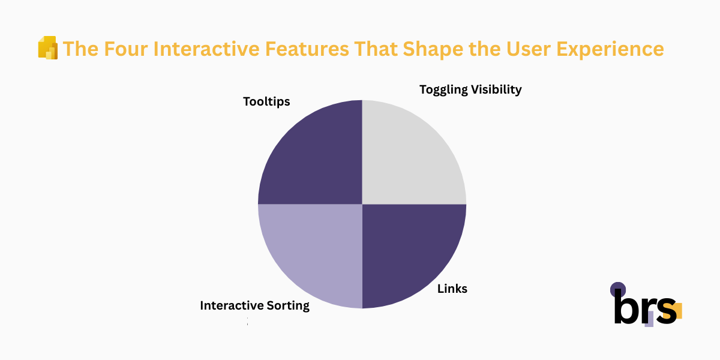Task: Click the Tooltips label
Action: (x=266, y=102)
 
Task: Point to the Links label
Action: (x=452, y=289)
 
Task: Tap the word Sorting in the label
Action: (x=287, y=306)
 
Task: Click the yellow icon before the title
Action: (x=47, y=48)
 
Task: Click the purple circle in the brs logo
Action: (x=617, y=290)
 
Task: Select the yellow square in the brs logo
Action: (x=676, y=311)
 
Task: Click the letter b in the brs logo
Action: (x=625, y=307)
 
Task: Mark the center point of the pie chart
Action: (x=362, y=204)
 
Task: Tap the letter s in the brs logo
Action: (x=665, y=311)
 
